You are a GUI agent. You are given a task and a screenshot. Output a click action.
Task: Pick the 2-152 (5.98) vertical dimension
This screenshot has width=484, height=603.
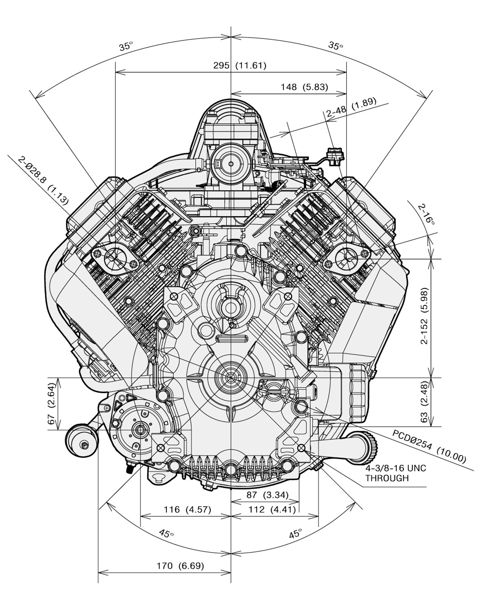click(x=425, y=315)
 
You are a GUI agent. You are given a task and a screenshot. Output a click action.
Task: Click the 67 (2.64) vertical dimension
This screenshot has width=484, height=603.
click(x=52, y=404)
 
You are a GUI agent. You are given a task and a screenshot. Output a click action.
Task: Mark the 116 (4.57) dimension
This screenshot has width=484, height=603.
click(x=187, y=510)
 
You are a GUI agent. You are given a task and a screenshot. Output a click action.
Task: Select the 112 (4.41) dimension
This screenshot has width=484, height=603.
click(x=272, y=510)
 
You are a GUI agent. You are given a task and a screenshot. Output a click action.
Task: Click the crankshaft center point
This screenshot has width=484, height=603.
click(x=231, y=378)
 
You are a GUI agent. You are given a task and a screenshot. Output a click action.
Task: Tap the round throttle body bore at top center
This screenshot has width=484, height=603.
click(x=231, y=164)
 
